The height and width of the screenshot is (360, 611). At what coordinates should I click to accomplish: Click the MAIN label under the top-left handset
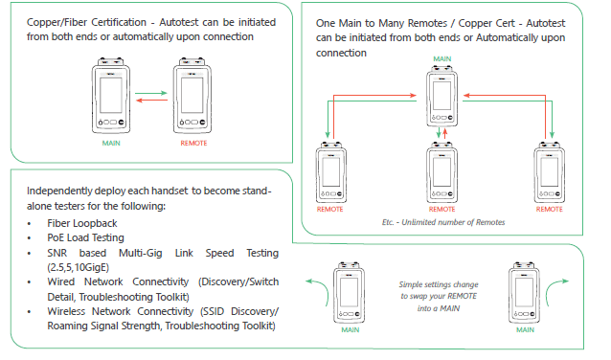coord(111,144)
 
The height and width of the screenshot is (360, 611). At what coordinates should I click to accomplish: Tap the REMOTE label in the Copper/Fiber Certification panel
coord(193,144)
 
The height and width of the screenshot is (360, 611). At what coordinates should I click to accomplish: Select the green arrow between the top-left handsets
coord(150,93)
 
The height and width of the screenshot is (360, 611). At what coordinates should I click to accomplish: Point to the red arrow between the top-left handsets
coord(151,101)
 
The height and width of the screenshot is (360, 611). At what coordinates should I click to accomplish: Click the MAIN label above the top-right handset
coord(442,58)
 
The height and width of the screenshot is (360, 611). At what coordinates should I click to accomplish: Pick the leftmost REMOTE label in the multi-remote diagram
coord(330,210)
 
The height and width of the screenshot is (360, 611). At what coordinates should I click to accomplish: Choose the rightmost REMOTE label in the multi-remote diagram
coord(550,210)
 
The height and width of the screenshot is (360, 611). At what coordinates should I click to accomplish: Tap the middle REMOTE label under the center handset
coord(441,210)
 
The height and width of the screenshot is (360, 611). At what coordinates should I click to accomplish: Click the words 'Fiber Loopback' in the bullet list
coord(82,223)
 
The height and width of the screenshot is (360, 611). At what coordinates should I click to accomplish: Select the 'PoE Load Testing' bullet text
coord(86,237)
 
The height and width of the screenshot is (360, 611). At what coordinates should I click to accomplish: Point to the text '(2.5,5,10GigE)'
coord(78,267)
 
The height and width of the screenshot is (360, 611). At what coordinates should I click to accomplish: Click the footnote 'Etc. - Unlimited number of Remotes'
coord(443,222)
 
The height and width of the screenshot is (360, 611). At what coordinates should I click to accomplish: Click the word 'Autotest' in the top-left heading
coord(178,22)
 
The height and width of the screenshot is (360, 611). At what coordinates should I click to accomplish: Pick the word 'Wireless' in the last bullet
coord(66,311)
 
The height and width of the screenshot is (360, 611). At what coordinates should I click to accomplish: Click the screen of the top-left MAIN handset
coord(111,95)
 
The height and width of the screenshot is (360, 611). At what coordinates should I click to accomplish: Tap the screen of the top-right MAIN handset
coord(441,96)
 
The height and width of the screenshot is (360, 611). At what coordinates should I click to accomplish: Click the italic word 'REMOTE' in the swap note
coord(463,296)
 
